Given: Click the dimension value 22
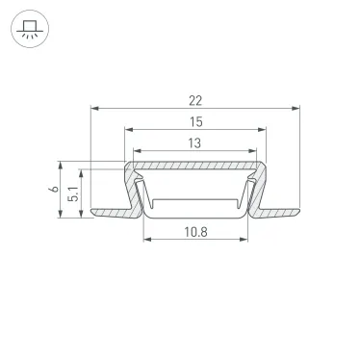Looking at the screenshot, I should click(x=196, y=99).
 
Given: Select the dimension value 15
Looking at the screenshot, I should click(x=196, y=122).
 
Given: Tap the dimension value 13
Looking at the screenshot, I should click(x=196, y=142).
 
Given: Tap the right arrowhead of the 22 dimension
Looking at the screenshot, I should click(x=297, y=109).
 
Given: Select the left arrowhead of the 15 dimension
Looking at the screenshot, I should click(x=129, y=131).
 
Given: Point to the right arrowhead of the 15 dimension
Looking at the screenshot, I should click(x=265, y=131).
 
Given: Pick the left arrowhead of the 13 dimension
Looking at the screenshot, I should click(x=137, y=151).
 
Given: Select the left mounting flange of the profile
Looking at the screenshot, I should click(x=108, y=209).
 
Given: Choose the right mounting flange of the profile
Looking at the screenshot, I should click(x=279, y=209).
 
